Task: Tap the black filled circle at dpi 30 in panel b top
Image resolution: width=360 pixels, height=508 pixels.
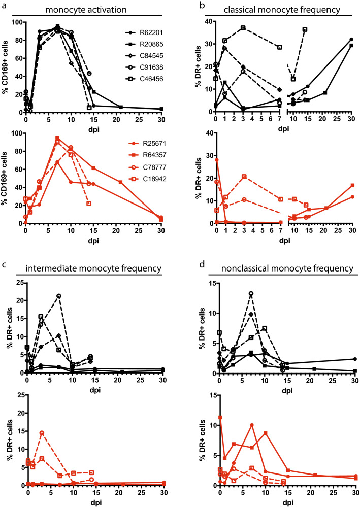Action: [x=351, y=40]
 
